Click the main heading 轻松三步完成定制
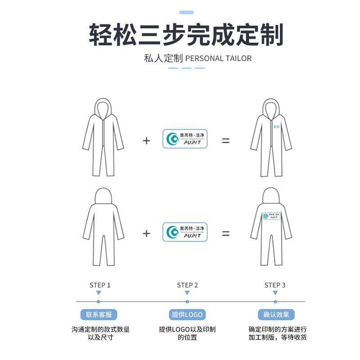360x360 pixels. pos(186,35)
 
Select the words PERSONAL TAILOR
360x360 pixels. pos(218,58)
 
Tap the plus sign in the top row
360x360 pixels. pos(146,140)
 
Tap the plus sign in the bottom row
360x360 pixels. pos(146,234)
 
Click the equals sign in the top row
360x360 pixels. pos(225,140)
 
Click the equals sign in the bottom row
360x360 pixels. pos(225,234)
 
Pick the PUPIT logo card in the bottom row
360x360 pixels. pos(185,232)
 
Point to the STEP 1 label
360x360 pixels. pos(100,285)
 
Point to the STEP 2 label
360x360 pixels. pos(187,285)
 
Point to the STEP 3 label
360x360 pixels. pos(275,285)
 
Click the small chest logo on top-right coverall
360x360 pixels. pos(277,127)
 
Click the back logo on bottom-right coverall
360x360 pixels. pos(272,216)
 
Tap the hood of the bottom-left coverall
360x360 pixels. pos(103,197)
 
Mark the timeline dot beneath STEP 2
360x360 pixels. pos(187,301)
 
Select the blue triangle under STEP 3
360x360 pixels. pos(275,293)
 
